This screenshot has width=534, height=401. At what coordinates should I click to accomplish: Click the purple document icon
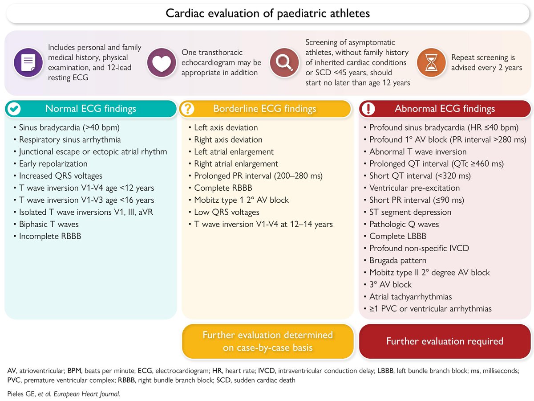[x=28, y=62]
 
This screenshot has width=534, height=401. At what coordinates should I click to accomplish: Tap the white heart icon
[x=162, y=62]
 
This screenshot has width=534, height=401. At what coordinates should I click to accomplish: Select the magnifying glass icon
[x=284, y=62]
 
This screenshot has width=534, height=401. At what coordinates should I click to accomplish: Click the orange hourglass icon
[x=431, y=62]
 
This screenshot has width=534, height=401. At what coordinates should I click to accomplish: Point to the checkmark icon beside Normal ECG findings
[x=14, y=109]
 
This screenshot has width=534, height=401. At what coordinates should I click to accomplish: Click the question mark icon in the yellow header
[x=187, y=109]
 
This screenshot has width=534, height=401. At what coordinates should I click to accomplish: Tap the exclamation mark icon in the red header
[x=368, y=109]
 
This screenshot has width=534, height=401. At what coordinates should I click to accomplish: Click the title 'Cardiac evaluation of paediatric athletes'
[x=267, y=13]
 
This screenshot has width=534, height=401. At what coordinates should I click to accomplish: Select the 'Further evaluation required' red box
[x=445, y=341]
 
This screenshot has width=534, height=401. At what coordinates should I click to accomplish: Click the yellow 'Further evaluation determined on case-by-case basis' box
[x=267, y=341]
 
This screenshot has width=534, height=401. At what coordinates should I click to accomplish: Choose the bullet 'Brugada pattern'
[x=395, y=261]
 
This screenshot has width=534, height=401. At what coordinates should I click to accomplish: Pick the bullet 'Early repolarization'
[x=51, y=164]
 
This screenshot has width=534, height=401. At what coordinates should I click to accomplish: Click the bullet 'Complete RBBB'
[x=220, y=188]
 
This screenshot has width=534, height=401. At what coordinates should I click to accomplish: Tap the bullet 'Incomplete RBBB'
[x=48, y=236]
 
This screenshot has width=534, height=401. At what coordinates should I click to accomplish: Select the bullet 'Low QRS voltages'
[x=224, y=212]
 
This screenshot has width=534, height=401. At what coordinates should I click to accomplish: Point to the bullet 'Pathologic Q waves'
[x=401, y=224]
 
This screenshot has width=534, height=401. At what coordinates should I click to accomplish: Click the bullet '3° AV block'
[x=388, y=285]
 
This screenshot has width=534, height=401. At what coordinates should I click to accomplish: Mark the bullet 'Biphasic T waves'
[x=46, y=224]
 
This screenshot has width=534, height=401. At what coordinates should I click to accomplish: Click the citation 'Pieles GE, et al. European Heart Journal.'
[x=64, y=394]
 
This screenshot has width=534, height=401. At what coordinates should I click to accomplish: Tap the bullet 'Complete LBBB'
[x=395, y=236]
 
